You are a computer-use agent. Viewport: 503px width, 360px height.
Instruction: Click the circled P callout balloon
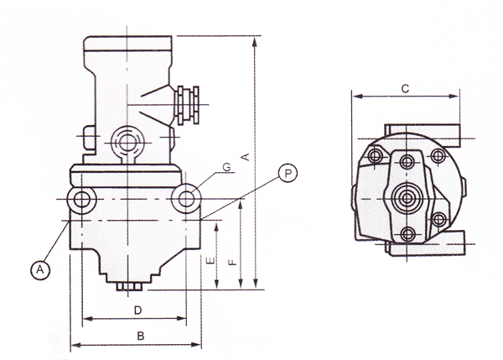(288, 174)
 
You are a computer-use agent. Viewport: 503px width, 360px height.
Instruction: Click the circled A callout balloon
(40, 270)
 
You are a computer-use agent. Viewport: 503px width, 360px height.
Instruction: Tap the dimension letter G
(227, 167)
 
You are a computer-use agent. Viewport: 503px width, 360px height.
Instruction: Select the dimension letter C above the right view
(405, 88)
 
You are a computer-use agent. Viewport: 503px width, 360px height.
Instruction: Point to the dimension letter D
(137, 310)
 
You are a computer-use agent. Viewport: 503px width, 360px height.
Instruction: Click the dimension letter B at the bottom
(141, 336)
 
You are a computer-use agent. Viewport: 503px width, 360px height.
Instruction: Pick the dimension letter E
(210, 260)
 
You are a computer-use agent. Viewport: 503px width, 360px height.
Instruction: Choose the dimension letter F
(232, 262)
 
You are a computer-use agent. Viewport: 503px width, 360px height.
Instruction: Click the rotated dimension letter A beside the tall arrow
(245, 157)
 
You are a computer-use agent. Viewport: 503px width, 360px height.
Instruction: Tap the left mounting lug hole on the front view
(82, 200)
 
